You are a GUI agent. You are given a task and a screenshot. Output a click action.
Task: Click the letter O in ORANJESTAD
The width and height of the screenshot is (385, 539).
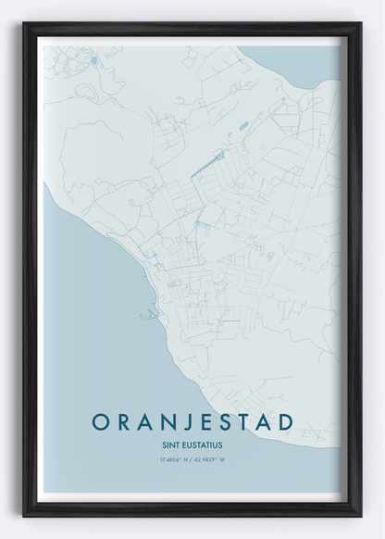[x=100, y=422]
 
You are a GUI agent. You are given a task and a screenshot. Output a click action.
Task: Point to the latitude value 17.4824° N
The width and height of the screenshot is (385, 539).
[x=172, y=458]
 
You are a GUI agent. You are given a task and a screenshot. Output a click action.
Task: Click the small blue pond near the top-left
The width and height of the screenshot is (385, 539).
[x=93, y=61]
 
